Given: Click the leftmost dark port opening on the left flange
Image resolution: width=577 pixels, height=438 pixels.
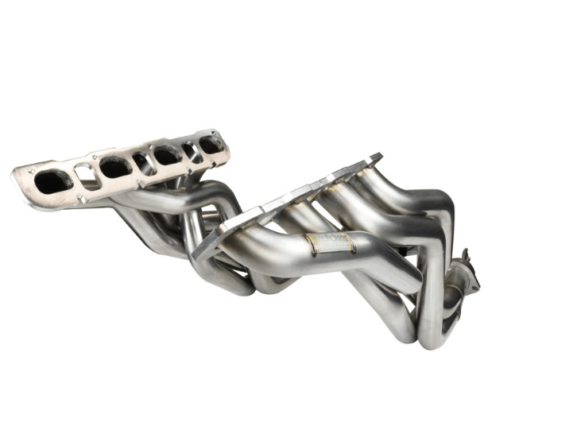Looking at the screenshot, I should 53,182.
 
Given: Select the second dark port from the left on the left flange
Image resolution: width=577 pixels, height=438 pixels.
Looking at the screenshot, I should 115,167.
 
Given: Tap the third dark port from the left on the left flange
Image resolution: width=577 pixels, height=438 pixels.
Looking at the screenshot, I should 165,155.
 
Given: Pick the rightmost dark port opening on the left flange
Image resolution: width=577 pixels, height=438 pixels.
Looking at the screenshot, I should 210,145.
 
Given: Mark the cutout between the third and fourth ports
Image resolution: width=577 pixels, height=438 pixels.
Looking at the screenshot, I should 188,149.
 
